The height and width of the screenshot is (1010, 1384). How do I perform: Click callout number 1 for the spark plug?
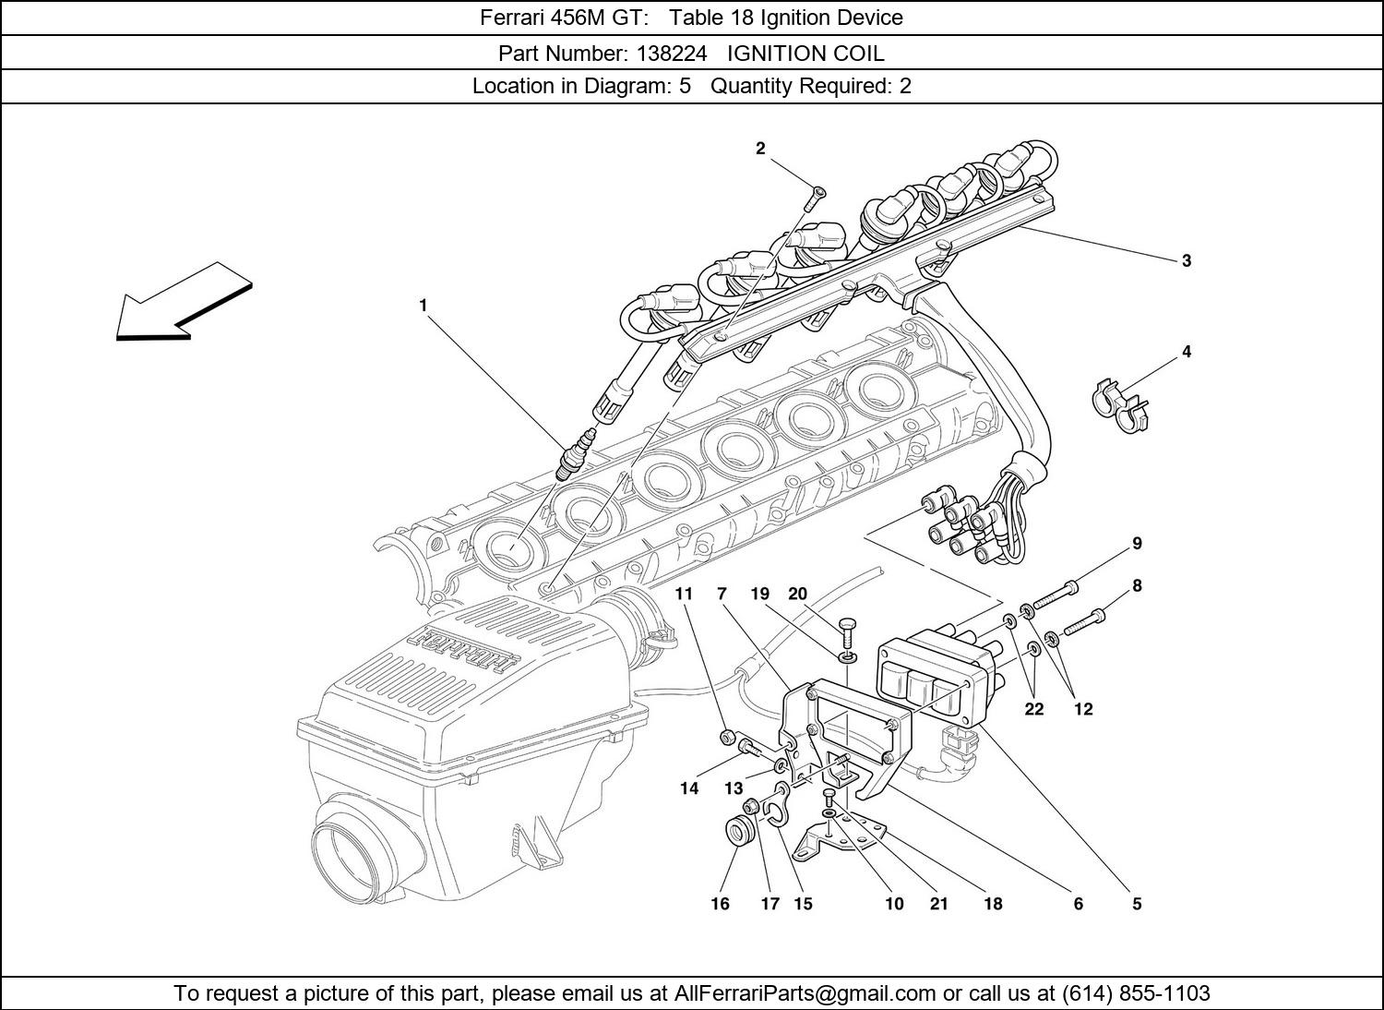pos(424,305)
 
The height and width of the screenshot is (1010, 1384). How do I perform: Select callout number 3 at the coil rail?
pos(1187,260)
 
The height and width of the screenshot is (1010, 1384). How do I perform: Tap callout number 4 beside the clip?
pos(1187,352)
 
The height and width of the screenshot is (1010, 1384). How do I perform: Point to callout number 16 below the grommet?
pos(720,904)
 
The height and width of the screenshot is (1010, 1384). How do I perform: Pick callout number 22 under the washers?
pos(1034,709)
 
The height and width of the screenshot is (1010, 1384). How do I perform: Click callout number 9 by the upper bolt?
pos(1137,544)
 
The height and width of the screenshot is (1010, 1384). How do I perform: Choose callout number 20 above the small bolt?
pos(798,594)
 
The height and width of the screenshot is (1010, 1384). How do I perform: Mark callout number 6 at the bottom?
pos(1078,904)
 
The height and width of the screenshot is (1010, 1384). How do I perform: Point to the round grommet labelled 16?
pos(740,829)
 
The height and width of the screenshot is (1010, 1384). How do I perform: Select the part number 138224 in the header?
pos(667,53)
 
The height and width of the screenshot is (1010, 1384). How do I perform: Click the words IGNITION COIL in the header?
pos(805,53)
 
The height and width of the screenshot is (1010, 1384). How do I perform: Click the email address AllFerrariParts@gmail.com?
pos(805,993)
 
